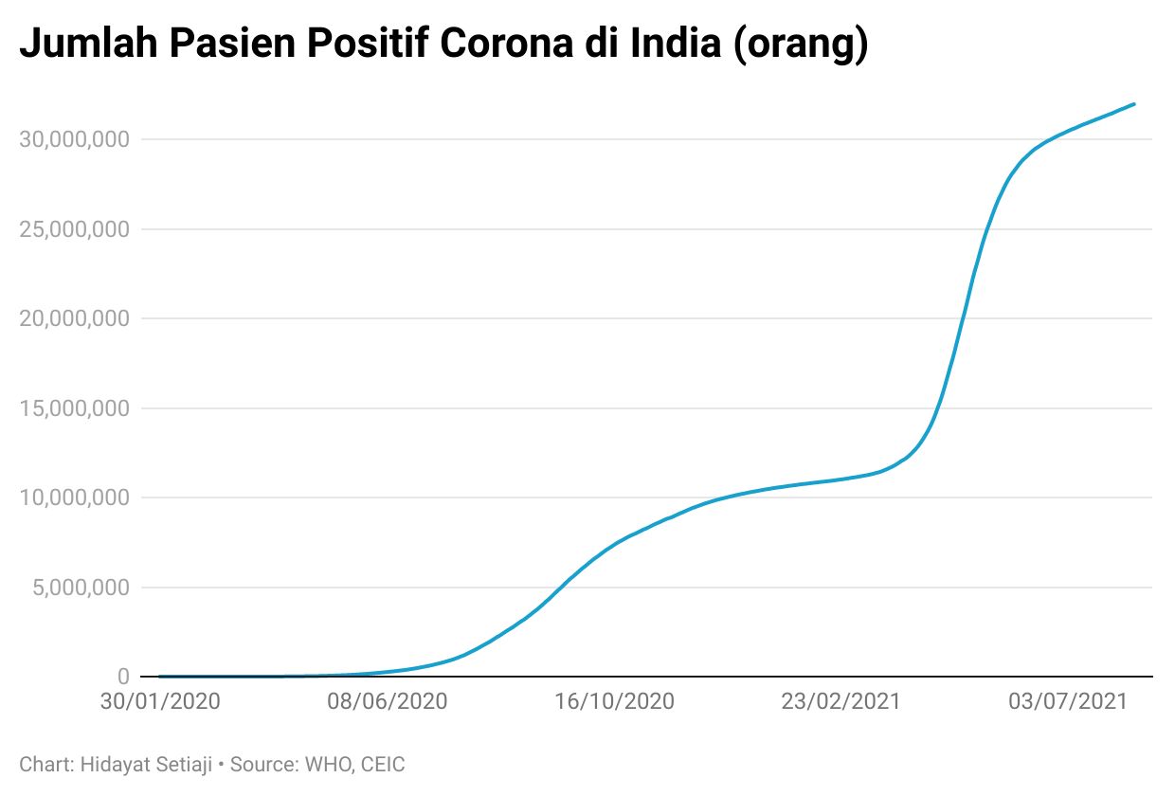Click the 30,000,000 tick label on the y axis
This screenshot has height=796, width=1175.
tap(75, 139)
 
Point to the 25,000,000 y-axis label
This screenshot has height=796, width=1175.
tap(75, 229)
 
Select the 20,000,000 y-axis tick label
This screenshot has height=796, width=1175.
tap(75, 318)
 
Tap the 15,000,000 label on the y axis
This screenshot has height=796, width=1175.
tap(75, 408)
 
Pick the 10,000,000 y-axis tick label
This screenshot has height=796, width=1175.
tap(75, 497)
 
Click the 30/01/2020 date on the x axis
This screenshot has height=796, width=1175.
tap(160, 702)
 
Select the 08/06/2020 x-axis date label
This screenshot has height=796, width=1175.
tap(387, 702)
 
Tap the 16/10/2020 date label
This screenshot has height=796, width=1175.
tap(614, 702)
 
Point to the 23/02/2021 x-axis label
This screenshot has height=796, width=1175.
tap(841, 702)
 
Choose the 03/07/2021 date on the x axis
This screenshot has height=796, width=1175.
tap(1067, 702)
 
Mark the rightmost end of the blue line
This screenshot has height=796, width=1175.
tap(1134, 104)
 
